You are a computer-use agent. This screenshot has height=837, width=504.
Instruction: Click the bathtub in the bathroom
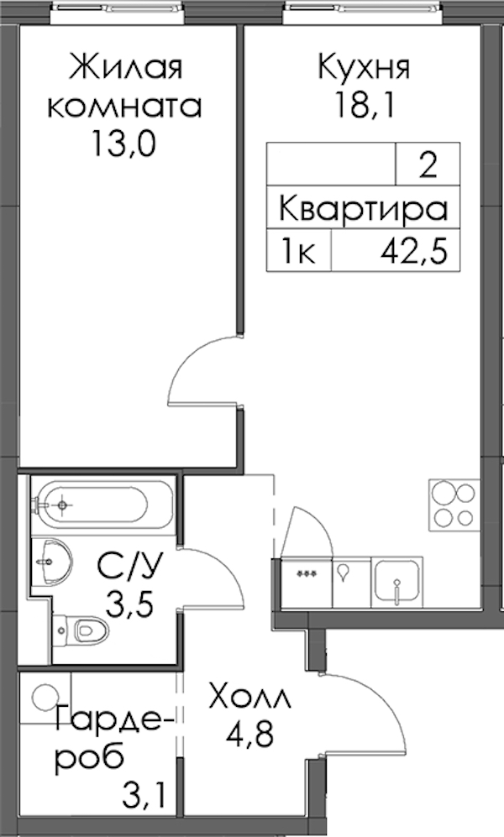click(x=102, y=505)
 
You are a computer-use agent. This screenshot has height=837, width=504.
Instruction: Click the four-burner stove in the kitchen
click(x=454, y=505)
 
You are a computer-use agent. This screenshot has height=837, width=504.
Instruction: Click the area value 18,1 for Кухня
click(x=365, y=107)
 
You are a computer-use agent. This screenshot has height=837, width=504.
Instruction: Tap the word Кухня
click(x=365, y=68)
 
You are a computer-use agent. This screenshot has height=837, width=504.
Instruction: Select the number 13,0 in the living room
click(x=124, y=144)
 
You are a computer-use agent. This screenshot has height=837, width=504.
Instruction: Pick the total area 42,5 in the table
click(x=413, y=251)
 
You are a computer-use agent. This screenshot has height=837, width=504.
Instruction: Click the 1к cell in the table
click(x=298, y=251)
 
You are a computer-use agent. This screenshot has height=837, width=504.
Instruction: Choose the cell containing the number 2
click(x=428, y=165)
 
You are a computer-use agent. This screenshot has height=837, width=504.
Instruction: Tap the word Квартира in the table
click(x=363, y=209)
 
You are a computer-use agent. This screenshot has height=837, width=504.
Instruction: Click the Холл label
click(x=251, y=698)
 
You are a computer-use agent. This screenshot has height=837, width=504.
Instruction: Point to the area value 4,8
click(x=249, y=735)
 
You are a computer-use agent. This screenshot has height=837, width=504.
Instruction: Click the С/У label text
click(x=129, y=567)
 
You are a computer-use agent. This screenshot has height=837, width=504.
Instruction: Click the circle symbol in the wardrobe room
click(x=45, y=697)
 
